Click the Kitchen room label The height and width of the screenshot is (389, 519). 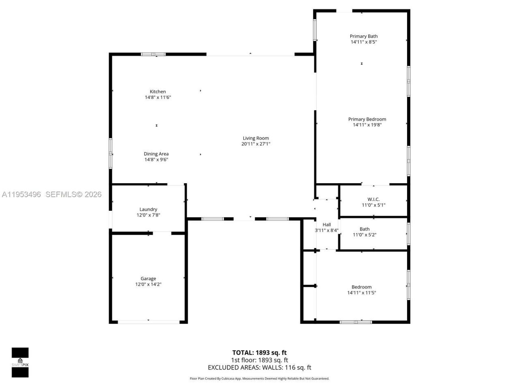click(x=158, y=92)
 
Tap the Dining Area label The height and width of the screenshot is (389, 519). click(x=156, y=154)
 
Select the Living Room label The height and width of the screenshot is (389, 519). click(x=256, y=138)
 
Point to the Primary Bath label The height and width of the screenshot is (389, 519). click(x=364, y=36)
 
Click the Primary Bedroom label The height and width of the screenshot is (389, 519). click(x=367, y=119)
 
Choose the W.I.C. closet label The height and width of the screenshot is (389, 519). click(x=373, y=199)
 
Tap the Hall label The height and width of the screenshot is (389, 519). click(x=327, y=225)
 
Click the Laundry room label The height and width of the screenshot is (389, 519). click(x=148, y=209)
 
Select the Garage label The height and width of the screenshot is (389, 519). click(x=148, y=279)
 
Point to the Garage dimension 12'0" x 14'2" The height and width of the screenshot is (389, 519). click(x=148, y=284)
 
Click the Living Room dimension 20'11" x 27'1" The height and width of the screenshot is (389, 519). click(x=256, y=144)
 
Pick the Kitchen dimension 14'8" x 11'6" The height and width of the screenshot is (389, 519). click(x=158, y=97)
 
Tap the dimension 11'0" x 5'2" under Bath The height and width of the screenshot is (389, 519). click(x=365, y=235)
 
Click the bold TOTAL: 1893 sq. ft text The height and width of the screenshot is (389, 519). click(x=259, y=353)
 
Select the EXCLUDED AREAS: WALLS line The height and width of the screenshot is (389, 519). click(x=259, y=368)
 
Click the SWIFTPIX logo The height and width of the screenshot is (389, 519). click(x=20, y=362)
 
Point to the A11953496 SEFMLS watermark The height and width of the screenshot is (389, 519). click(x=51, y=194)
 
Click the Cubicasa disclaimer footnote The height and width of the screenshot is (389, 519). click(x=259, y=378)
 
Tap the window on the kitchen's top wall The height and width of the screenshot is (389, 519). click(x=153, y=54)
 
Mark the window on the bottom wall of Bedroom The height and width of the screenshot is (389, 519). click(x=356, y=322)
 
